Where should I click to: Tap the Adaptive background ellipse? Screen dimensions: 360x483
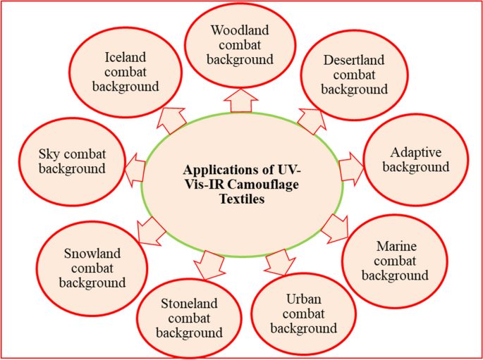(x=420, y=161)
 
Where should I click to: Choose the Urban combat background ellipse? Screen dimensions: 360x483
(x=304, y=314)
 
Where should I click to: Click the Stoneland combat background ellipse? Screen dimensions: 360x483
(x=190, y=318)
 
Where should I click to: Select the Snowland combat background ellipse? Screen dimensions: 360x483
(x=92, y=268)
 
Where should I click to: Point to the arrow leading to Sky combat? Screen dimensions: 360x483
(x=135, y=168)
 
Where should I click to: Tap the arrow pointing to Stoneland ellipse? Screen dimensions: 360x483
(x=208, y=263)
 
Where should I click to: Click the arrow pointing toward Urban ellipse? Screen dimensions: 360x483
(x=278, y=261)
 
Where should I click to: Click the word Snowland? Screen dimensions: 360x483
(x=92, y=254)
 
